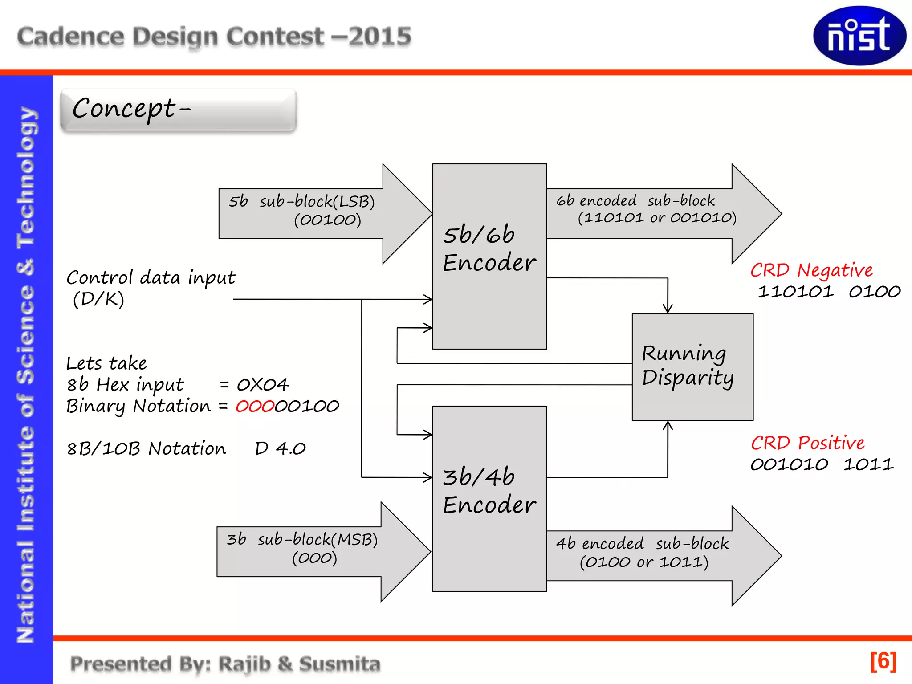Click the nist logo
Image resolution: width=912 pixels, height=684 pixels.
859,36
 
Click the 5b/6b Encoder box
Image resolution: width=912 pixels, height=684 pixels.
489,256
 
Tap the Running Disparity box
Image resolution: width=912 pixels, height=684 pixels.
692,366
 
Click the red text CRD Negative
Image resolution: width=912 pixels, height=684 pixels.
811,270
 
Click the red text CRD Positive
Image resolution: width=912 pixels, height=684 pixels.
807,443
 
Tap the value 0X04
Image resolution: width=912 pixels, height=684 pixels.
262,385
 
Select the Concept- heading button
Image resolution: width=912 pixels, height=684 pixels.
178,110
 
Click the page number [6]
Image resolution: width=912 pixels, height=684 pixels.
883,661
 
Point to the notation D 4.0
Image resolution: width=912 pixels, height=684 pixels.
280,448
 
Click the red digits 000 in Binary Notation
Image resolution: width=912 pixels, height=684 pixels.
254,406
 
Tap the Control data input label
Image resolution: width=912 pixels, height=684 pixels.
151,278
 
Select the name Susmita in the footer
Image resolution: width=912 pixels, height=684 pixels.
339,664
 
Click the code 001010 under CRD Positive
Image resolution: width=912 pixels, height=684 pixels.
789,465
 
